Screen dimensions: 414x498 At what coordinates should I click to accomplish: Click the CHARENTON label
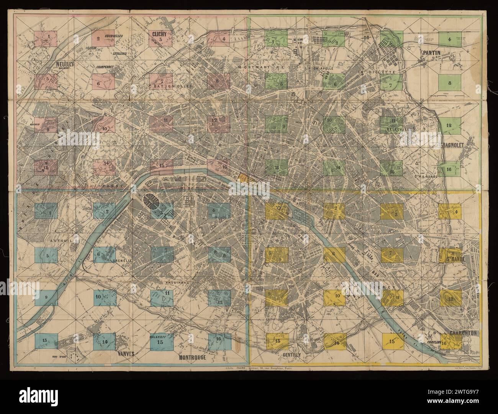[463, 333]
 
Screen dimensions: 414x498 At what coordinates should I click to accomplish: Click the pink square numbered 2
[103, 38]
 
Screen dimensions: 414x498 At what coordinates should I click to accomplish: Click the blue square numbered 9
[46, 297]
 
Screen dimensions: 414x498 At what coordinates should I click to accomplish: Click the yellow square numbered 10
[335, 297]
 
